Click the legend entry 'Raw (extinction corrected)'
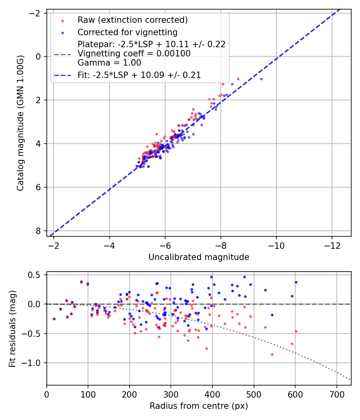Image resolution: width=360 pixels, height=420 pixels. (132, 20)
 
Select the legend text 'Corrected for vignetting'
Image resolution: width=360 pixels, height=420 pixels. (127, 32)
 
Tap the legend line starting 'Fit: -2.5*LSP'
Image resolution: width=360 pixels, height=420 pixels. (139, 75)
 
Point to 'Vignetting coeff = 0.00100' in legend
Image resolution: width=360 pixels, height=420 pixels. (134, 54)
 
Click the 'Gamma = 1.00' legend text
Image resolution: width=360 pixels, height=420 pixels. (109, 63)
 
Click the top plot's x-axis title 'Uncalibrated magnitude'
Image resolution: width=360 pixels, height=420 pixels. (199, 257)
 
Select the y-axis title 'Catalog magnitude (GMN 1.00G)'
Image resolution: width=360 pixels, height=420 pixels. (21, 123)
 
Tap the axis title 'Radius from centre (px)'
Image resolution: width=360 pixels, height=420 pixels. (199, 406)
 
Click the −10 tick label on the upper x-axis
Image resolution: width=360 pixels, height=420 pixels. (276, 245)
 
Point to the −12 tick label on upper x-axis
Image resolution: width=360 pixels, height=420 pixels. (332, 245)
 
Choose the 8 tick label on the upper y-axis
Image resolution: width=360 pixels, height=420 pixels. (38, 231)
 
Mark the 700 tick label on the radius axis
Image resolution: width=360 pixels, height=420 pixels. (336, 394)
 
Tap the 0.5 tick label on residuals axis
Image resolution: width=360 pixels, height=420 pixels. (36, 275)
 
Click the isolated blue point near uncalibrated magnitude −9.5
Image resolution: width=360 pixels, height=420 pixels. (261, 79)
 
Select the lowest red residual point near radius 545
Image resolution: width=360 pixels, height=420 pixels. (272, 354)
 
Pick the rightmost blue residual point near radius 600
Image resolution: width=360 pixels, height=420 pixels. (296, 282)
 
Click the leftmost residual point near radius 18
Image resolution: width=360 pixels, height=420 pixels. (54, 319)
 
